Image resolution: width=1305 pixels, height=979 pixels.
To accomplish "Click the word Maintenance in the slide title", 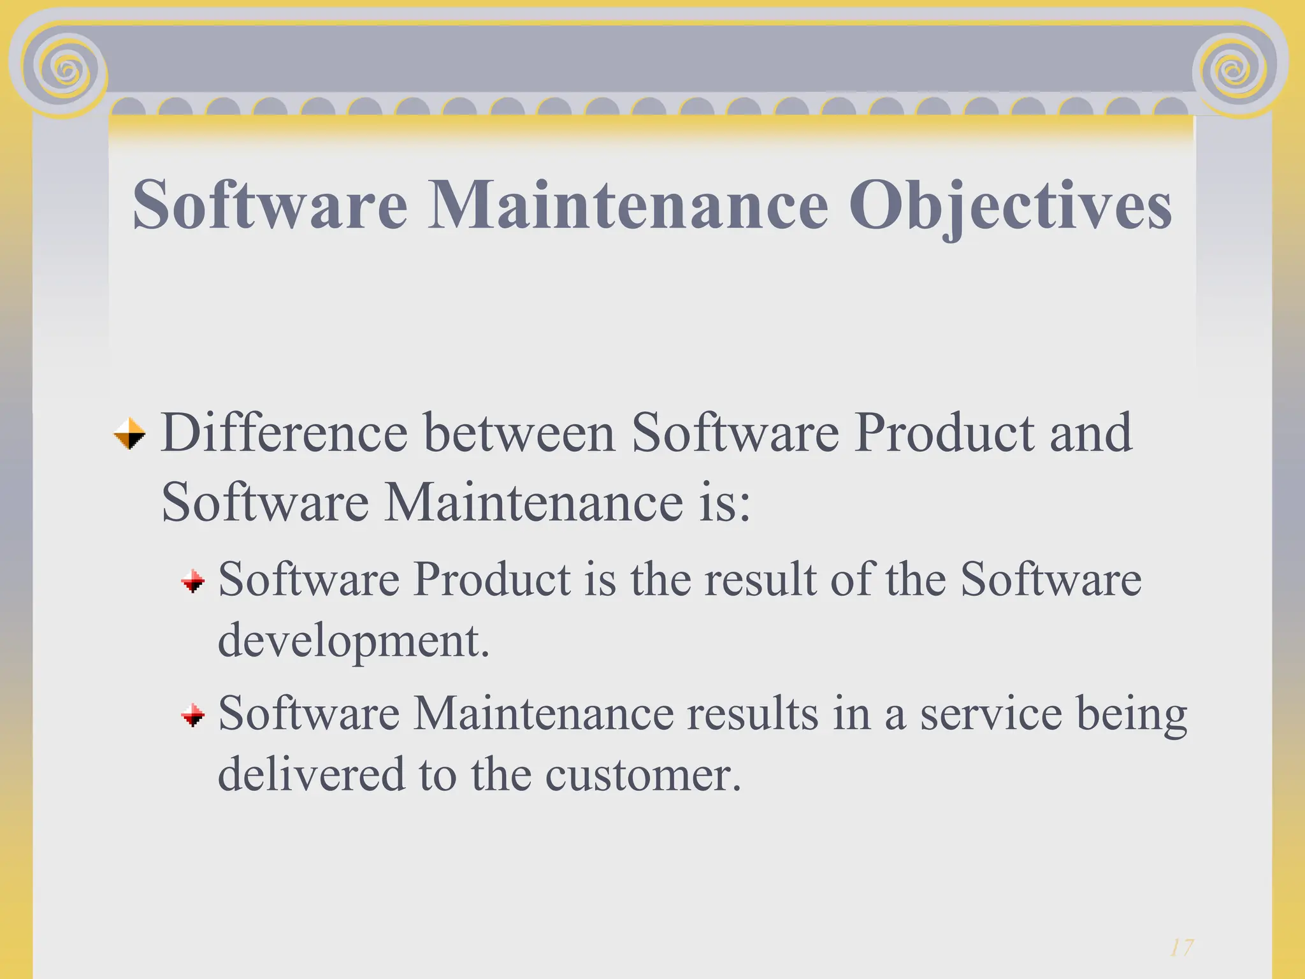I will click(x=628, y=205).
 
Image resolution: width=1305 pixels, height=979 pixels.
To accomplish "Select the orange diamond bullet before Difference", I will click(x=129, y=434).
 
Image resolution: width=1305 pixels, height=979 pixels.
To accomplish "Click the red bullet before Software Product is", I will click(x=192, y=581).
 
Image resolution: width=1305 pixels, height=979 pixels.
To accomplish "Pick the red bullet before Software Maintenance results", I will click(x=192, y=715).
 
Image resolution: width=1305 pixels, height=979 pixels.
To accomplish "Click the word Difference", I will click(x=284, y=433).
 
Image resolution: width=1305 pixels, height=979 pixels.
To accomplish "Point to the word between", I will click(x=519, y=433).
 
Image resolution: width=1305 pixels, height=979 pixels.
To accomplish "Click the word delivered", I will click(x=312, y=774).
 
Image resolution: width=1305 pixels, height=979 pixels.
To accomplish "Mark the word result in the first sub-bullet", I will click(x=760, y=580).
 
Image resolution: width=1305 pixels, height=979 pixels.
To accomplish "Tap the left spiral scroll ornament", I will click(x=66, y=69).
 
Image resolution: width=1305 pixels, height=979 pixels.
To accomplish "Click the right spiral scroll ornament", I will click(x=1236, y=70).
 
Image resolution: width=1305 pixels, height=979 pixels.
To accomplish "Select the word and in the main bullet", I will click(x=1091, y=433).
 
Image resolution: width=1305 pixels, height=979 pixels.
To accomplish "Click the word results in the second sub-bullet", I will click(x=752, y=714).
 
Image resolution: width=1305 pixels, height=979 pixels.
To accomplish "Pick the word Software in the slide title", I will click(x=270, y=205).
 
